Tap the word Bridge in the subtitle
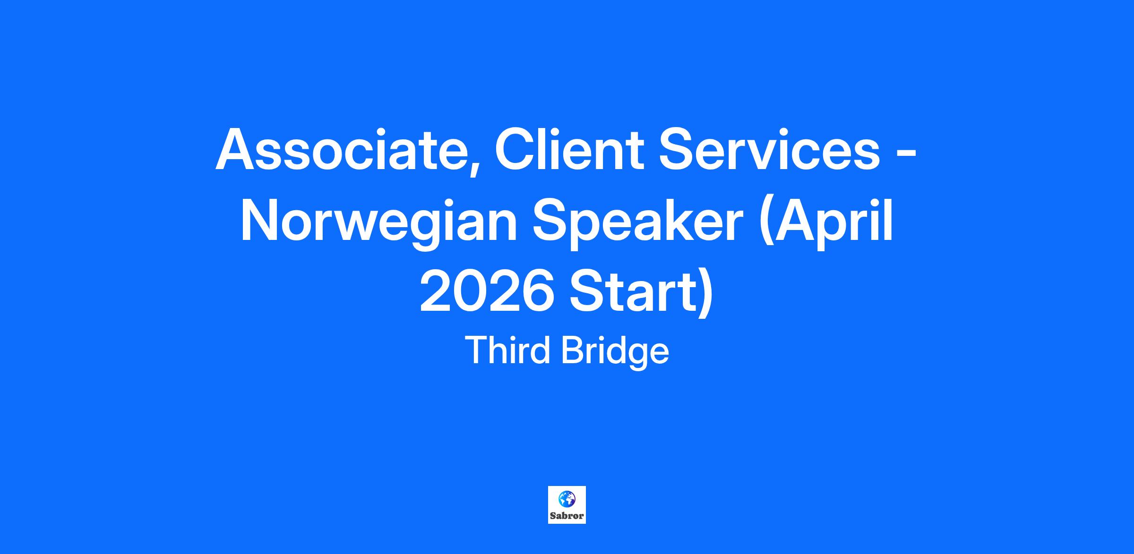pos(615,352)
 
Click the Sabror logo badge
pos(567,505)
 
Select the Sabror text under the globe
pos(567,516)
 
